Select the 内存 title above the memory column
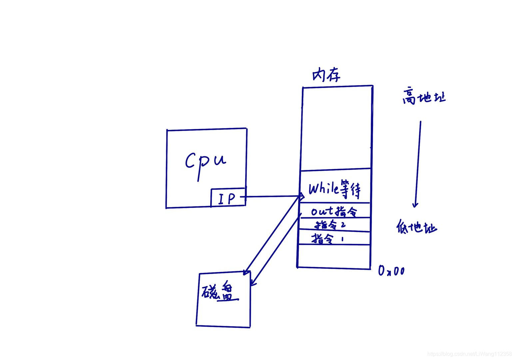pos(326,75)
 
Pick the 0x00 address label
pos(391,271)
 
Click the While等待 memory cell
pos(334,189)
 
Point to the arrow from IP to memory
pos(273,196)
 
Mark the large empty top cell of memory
pos(336,128)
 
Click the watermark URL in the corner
pos(469,354)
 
